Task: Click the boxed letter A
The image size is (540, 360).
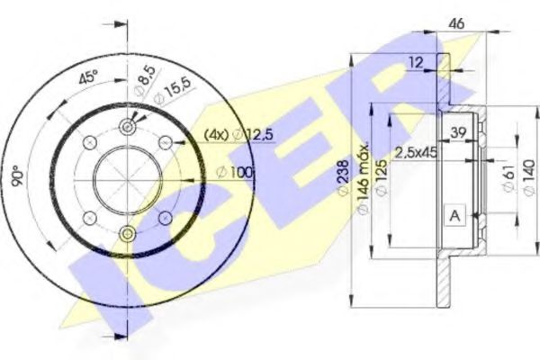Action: point(454,215)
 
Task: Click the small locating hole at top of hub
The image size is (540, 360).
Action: point(128,129)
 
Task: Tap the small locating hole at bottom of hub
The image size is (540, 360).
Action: point(128,234)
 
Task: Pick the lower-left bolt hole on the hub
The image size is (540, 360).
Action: point(90,217)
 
